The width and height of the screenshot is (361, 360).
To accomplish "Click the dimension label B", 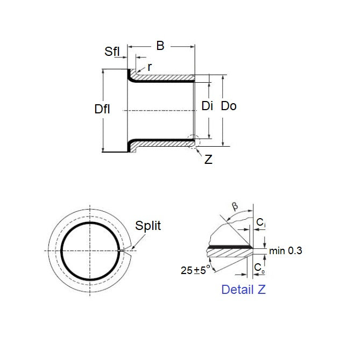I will (160, 46).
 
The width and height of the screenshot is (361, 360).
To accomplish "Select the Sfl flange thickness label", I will (112, 52).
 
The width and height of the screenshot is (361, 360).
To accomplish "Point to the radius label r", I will (150, 67).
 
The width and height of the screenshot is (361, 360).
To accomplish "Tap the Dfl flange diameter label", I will (102, 109).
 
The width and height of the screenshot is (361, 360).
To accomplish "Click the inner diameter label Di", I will (208, 106).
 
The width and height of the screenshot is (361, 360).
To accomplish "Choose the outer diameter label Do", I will (229, 106).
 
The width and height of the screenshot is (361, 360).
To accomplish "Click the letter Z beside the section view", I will (208, 160).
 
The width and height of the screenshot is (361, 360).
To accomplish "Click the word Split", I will (148, 226).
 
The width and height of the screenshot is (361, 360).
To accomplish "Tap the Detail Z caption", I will (243, 290).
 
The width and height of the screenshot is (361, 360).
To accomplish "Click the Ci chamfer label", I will (260, 222).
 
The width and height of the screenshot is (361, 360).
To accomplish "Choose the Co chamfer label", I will (259, 267).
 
